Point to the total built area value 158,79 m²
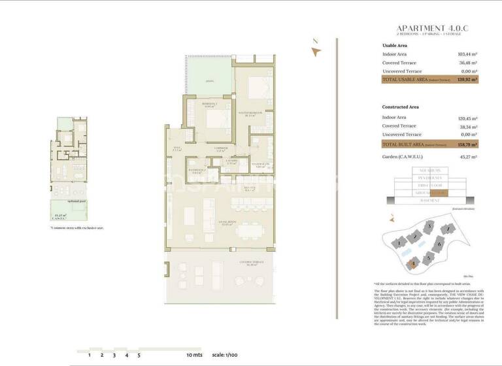point(468,144)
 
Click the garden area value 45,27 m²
point(469,157)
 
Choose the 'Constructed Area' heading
point(401,107)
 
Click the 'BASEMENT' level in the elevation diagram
point(429,201)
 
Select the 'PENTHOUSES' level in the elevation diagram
point(429,177)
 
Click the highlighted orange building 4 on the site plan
point(413,264)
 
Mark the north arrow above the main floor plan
point(316,54)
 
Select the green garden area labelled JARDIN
point(209,80)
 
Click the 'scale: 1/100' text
point(225,355)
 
